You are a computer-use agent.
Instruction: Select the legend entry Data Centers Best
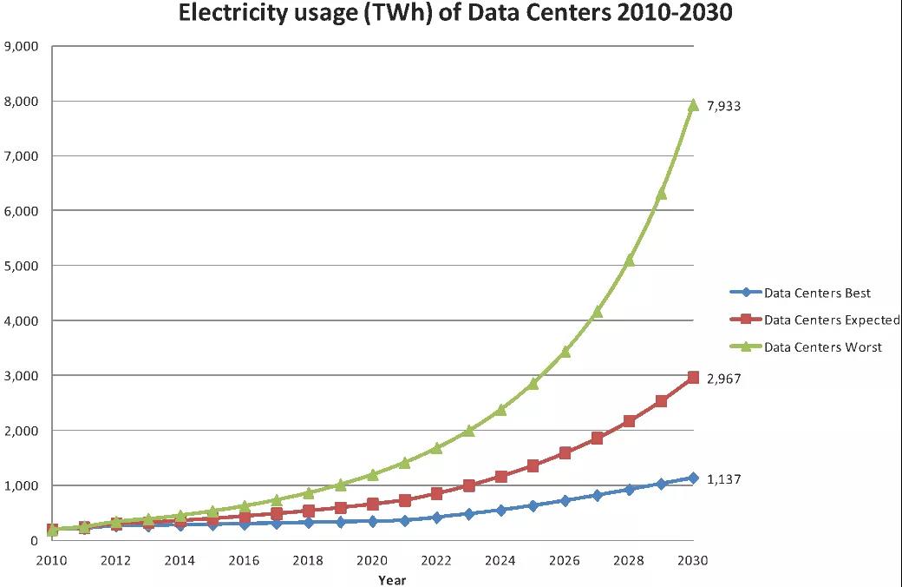tap(817, 293)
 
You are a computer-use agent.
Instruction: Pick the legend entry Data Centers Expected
tap(831, 320)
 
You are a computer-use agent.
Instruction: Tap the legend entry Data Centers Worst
tap(822, 346)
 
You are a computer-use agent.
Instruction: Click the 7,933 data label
tap(725, 106)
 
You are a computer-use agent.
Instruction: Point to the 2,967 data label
tap(725, 379)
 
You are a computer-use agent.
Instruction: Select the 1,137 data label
tap(725, 479)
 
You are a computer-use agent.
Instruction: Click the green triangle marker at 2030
tap(693, 105)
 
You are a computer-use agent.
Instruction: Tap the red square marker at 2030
tap(693, 378)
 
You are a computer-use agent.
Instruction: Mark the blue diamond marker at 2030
tap(693, 478)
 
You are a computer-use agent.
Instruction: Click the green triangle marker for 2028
tap(630, 260)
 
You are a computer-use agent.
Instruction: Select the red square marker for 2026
tap(565, 453)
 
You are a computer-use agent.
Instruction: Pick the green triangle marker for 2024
tap(501, 409)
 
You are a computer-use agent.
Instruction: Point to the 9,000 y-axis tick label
tap(22, 46)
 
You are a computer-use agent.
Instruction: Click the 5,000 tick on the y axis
tap(22, 266)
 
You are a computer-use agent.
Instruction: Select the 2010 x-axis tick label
tap(52, 561)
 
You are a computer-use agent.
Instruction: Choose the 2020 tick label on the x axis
tap(373, 561)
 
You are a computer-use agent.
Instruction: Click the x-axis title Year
tap(392, 579)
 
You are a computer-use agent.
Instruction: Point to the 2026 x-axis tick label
tap(565, 561)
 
